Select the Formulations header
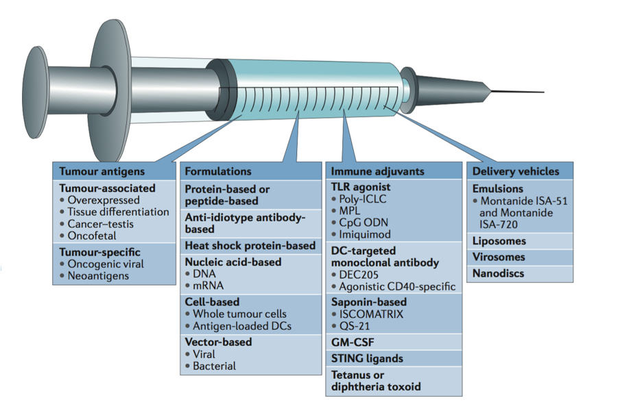coord(218,171)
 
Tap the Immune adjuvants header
coord(377,171)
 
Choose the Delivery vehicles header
coord(516,171)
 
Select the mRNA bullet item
coord(209,286)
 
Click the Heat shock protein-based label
coord(250,245)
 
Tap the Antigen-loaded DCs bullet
coord(242,325)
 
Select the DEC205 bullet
coord(364,274)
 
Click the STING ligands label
coord(367,358)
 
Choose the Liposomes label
coord(499,241)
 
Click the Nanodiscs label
coord(499,273)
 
